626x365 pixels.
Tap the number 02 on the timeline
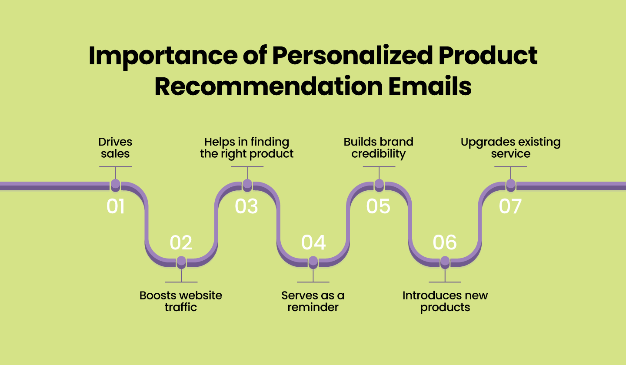181,242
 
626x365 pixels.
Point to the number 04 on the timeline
313,242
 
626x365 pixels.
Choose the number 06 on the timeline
445,242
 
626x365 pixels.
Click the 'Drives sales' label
115,148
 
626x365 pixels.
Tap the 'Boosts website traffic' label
181,301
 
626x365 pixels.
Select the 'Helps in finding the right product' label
247,148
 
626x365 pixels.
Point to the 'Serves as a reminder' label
313,301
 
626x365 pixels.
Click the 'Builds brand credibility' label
378,148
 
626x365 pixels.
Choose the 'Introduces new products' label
445,301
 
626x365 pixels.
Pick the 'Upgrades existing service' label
510,148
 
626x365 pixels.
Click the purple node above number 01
115,185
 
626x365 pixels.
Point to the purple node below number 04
313,262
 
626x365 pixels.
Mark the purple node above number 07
511,185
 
